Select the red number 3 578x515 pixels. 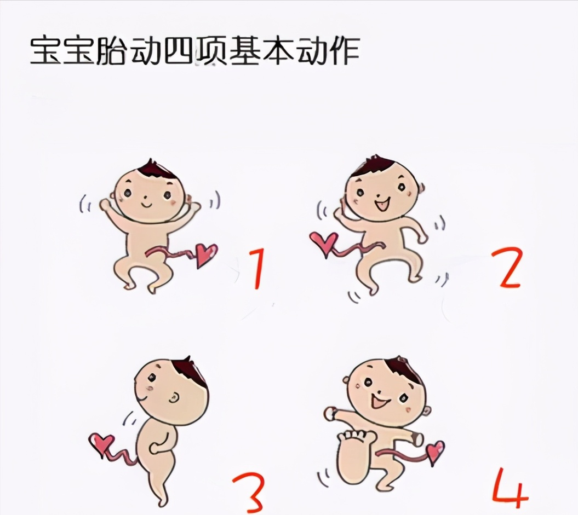click(x=249, y=493)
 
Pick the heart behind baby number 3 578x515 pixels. click(x=103, y=443)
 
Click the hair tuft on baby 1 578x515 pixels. click(x=156, y=170)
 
